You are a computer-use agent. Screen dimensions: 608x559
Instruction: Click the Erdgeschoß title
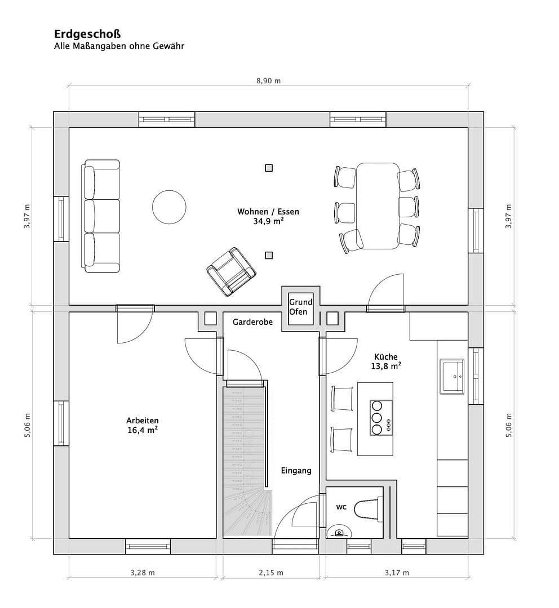(x=87, y=34)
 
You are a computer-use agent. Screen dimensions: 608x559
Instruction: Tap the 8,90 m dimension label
(x=268, y=81)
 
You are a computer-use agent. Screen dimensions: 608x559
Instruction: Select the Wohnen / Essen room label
(x=268, y=216)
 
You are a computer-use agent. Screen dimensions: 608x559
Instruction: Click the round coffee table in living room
(x=169, y=207)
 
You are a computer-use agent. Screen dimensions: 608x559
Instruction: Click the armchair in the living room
(x=230, y=271)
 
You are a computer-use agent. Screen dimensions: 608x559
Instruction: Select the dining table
(x=378, y=206)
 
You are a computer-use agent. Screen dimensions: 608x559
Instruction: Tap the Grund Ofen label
(x=300, y=307)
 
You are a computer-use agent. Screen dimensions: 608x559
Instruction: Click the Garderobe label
(x=252, y=322)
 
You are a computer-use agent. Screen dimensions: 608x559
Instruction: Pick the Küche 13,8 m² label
(x=386, y=361)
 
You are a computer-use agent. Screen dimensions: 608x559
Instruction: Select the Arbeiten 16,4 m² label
(x=142, y=425)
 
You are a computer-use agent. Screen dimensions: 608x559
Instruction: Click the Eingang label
(x=296, y=471)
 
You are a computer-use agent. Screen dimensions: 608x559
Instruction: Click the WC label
(x=341, y=507)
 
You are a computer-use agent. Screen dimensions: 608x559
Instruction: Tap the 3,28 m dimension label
(x=142, y=573)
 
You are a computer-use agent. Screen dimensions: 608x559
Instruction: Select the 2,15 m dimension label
(x=271, y=573)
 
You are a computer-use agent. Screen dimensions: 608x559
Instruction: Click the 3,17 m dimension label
(x=397, y=573)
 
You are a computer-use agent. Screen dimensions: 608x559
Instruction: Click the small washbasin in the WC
(x=339, y=532)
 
